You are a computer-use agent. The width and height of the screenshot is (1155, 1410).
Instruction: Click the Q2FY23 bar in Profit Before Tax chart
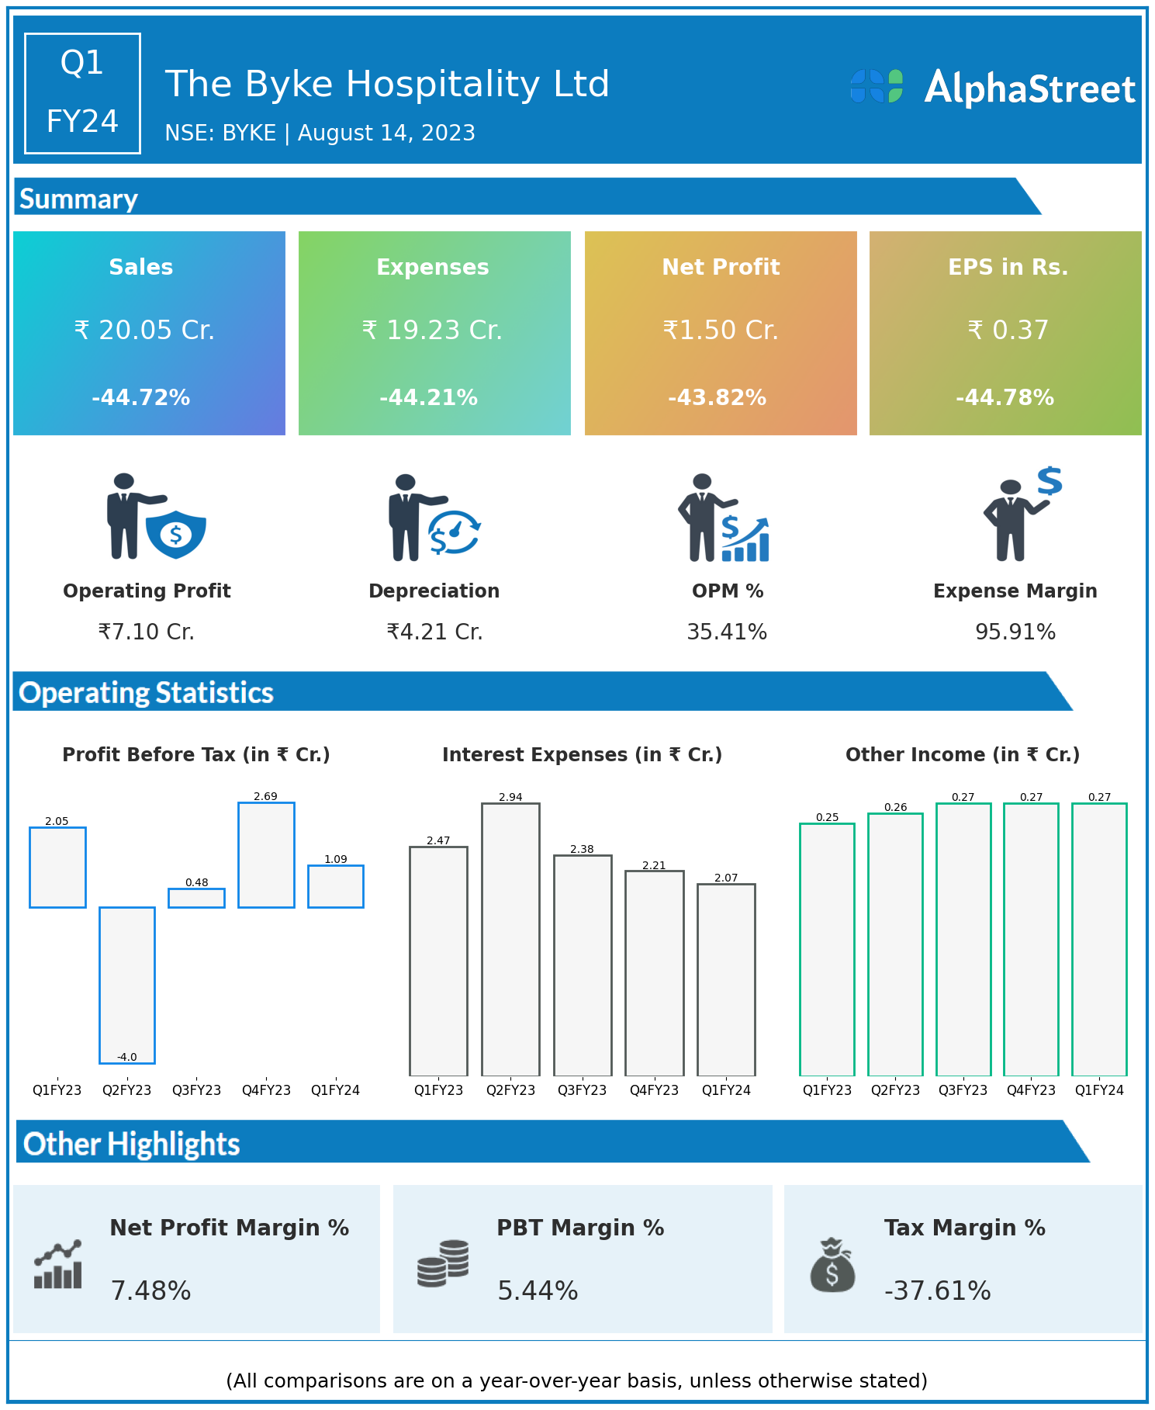pyautogui.click(x=127, y=984)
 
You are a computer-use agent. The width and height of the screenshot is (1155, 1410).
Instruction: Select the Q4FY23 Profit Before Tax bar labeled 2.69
pyautogui.click(x=266, y=854)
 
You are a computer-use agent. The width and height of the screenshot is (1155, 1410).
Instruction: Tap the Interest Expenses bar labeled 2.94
pyautogui.click(x=510, y=939)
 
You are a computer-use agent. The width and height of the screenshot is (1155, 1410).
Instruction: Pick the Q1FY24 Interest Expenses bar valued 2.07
pyautogui.click(x=726, y=979)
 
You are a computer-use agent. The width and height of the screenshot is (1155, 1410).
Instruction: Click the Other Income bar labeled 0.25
pyautogui.click(x=827, y=949)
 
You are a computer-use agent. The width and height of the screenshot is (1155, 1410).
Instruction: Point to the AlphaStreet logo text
pyautogui.click(x=1029, y=88)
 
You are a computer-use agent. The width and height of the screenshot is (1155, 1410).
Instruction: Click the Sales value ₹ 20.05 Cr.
pyautogui.click(x=144, y=331)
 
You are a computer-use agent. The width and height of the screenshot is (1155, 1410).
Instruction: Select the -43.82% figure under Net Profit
pyautogui.click(x=718, y=398)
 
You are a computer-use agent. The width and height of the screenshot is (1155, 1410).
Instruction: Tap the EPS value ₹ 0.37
pyautogui.click(x=1008, y=331)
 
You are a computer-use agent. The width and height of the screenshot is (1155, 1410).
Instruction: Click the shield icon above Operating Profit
pyautogui.click(x=176, y=534)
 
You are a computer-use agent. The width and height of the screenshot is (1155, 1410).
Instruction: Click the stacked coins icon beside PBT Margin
pyautogui.click(x=443, y=1263)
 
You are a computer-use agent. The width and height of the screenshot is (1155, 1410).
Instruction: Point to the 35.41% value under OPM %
pyautogui.click(x=727, y=632)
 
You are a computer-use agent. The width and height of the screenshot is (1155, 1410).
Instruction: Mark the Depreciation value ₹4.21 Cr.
pyautogui.click(x=434, y=632)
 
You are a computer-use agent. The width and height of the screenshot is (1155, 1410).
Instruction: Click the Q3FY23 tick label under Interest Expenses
pyautogui.click(x=583, y=1090)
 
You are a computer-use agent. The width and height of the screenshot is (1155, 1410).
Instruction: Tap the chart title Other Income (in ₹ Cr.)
pyautogui.click(x=963, y=755)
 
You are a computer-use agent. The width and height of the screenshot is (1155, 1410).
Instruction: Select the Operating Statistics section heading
pyautogui.click(x=147, y=692)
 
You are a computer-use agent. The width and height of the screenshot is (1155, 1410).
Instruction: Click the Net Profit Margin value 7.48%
pyautogui.click(x=150, y=1290)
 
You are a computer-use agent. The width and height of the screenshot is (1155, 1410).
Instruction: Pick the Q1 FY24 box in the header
pyautogui.click(x=82, y=93)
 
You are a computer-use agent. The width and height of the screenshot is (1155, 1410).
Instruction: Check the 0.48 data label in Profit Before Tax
pyautogui.click(x=197, y=882)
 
